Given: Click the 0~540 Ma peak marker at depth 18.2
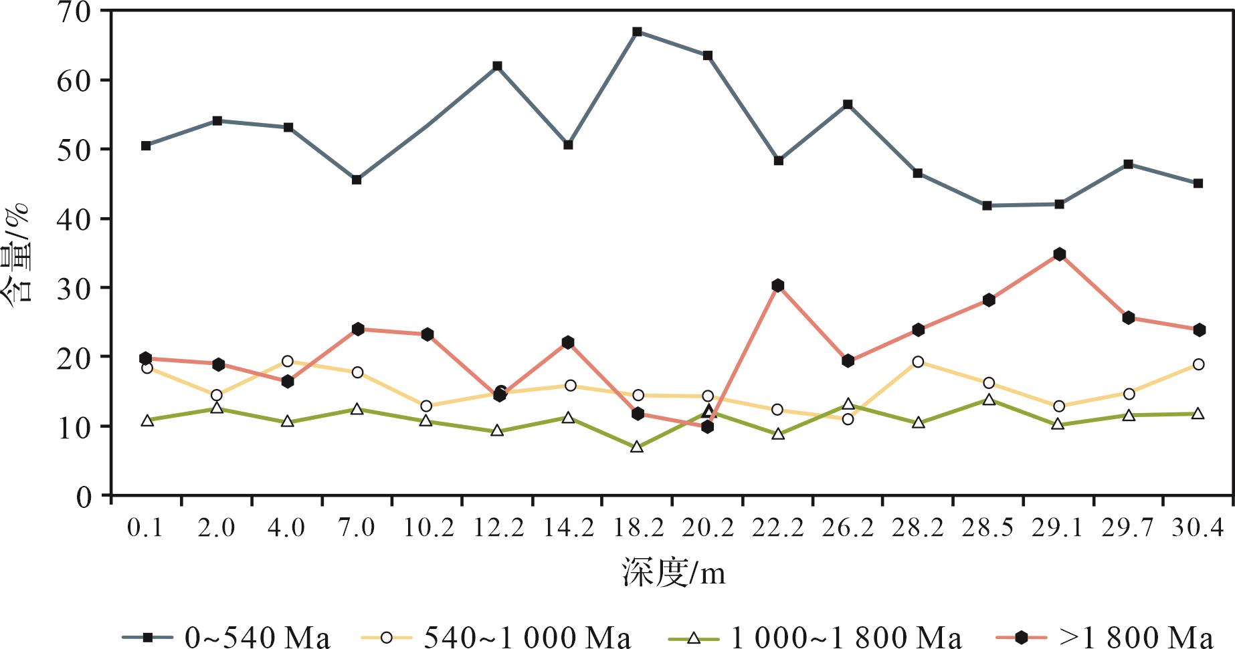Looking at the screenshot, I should point(637,31).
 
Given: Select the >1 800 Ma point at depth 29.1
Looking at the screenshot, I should point(1059,254).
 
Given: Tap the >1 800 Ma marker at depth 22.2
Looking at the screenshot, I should point(777,285).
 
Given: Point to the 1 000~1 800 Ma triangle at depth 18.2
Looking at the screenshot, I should point(637,447).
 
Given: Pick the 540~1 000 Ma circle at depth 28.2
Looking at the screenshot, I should point(918,362).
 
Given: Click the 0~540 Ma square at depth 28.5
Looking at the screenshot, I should point(987,205).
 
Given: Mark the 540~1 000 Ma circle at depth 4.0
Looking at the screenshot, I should point(288,361).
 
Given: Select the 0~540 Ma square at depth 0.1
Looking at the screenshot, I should point(146,145).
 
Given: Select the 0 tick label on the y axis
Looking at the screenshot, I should point(84,496).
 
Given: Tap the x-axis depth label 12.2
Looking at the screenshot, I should point(498,528).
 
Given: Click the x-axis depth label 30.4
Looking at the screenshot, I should point(1198,528).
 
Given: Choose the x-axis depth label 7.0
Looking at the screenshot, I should point(357,528).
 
